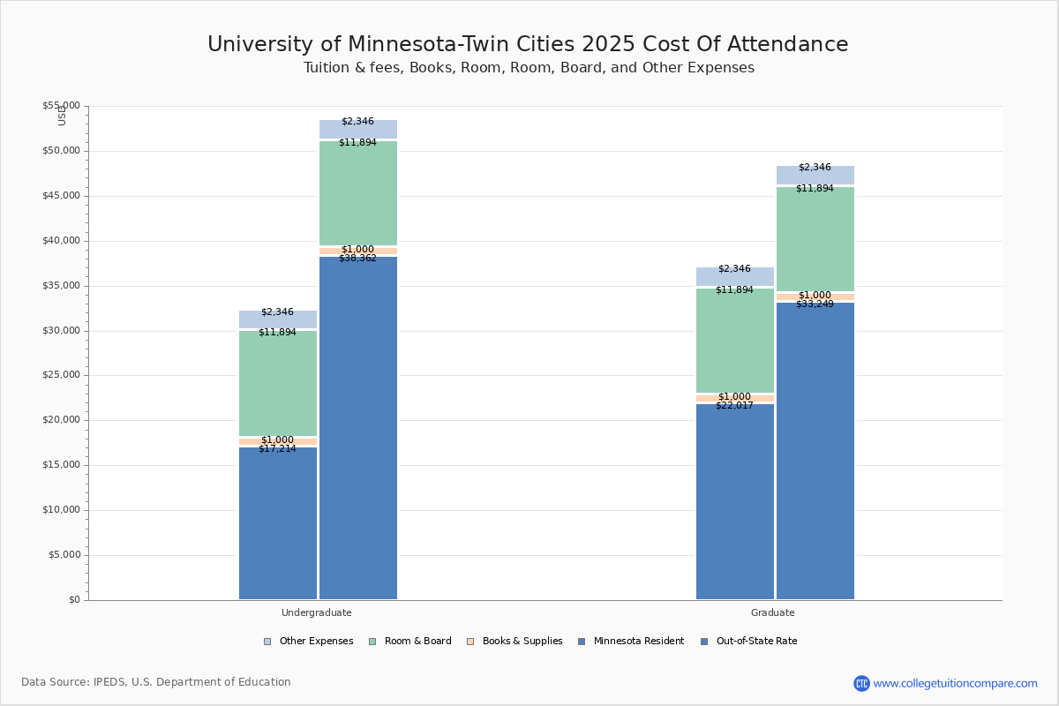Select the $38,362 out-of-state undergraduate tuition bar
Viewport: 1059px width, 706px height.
(x=358, y=428)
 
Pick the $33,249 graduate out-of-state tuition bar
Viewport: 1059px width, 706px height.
(x=815, y=451)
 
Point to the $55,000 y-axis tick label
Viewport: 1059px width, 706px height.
(x=61, y=106)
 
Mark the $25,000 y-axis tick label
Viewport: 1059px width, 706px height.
(x=61, y=375)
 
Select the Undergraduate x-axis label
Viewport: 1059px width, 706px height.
(x=317, y=612)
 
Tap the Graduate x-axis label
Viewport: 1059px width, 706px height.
(x=773, y=612)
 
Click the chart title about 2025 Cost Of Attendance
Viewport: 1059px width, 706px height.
(x=528, y=45)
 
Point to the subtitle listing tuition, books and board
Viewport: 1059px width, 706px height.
(x=529, y=68)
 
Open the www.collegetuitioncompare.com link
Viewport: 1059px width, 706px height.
(x=955, y=683)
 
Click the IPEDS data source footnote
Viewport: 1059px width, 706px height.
(x=156, y=682)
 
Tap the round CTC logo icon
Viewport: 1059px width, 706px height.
(x=861, y=683)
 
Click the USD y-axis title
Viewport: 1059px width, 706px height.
(x=62, y=116)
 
